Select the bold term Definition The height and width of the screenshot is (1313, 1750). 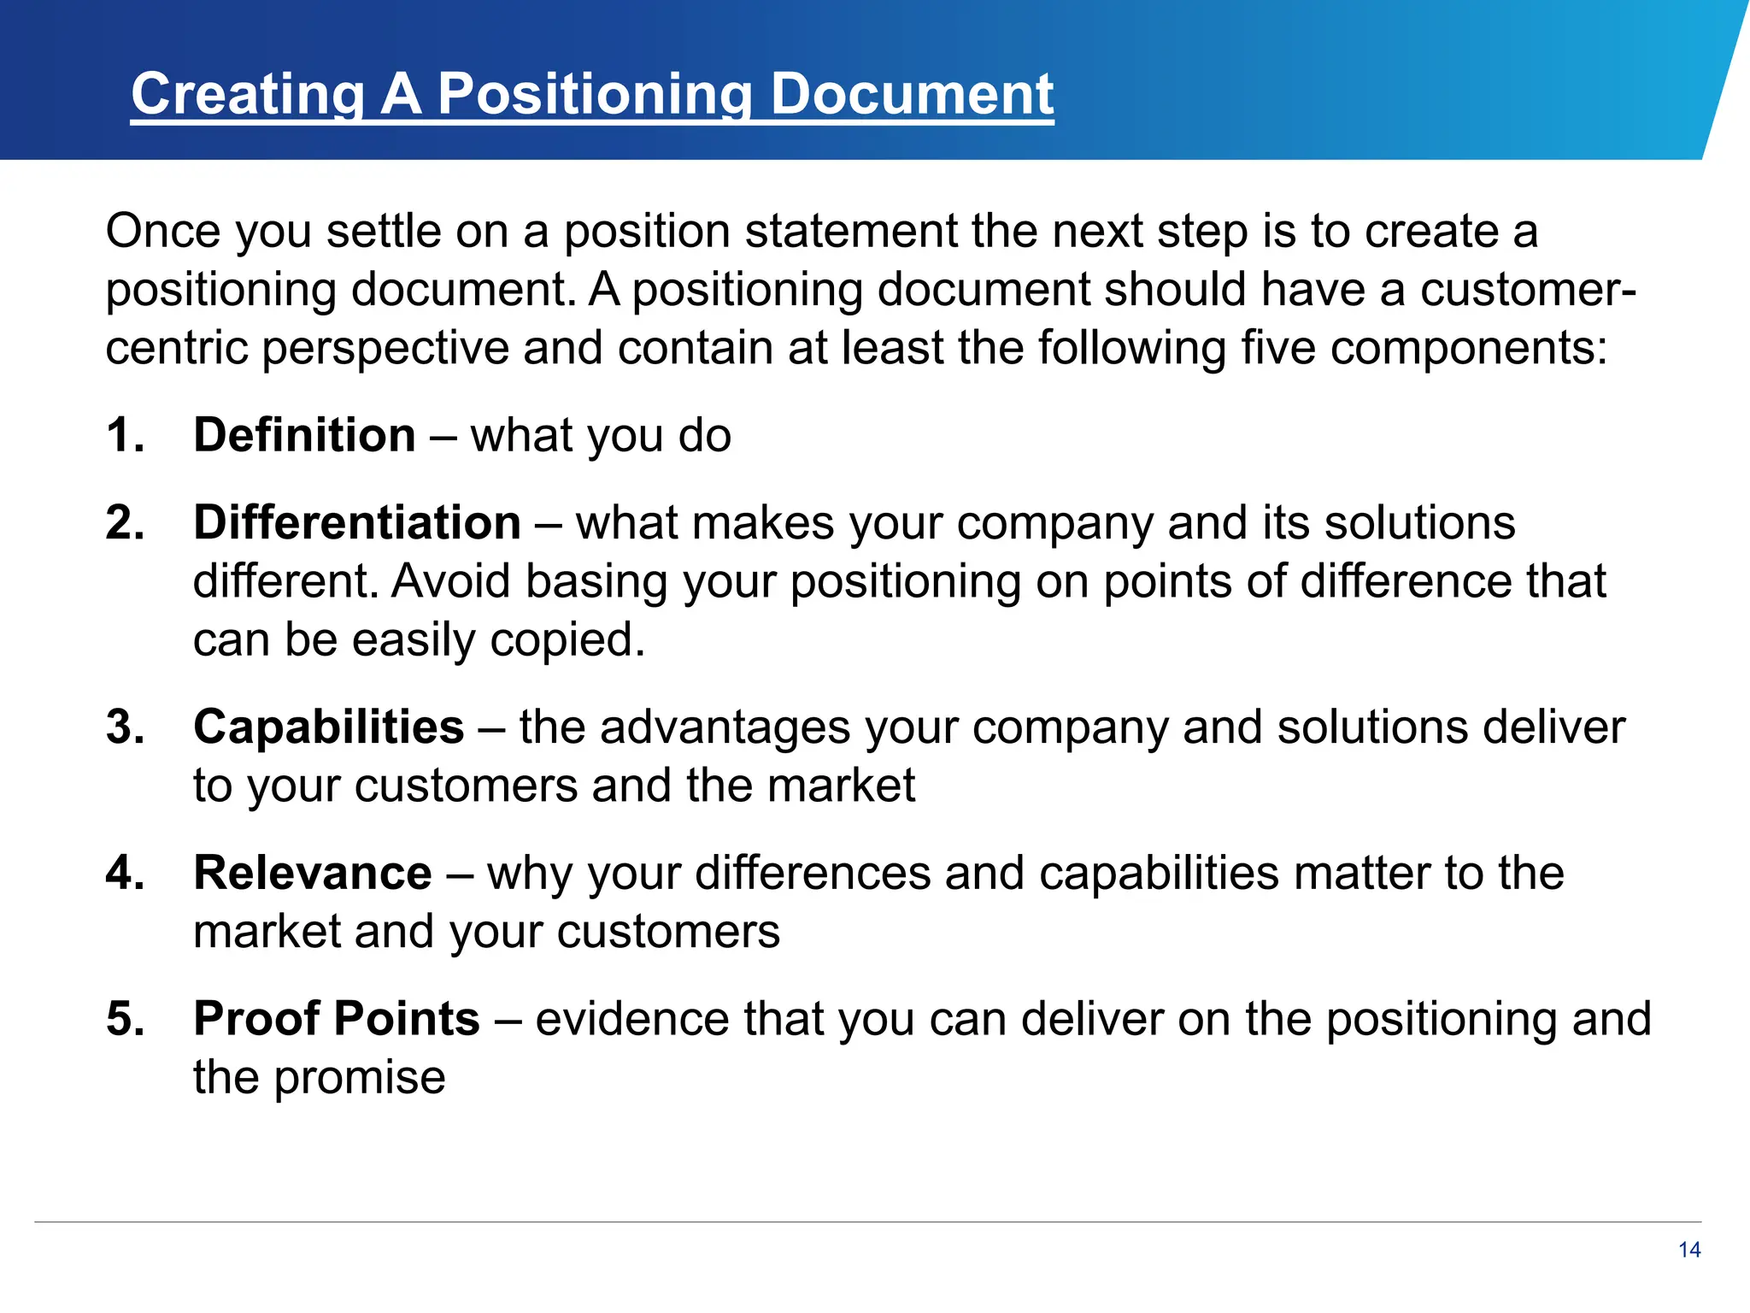304,435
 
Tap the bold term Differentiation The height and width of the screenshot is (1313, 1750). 357,522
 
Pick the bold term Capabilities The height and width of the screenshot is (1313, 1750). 329,727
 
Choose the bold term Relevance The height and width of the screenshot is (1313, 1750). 313,873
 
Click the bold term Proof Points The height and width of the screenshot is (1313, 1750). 337,1019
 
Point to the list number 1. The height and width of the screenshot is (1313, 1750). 125,435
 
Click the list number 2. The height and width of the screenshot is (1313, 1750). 125,522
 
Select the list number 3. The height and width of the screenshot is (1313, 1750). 125,727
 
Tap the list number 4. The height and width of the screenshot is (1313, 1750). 125,873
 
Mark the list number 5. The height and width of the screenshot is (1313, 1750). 125,1019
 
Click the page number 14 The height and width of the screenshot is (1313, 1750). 1689,1250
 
